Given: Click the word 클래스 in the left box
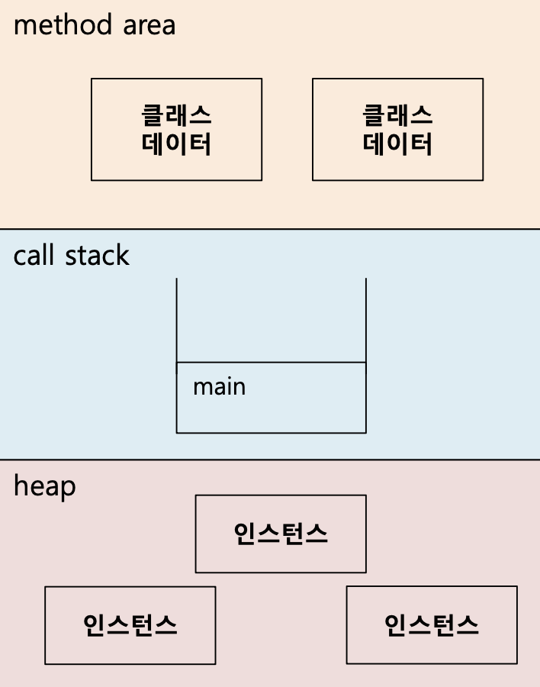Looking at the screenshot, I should click(x=176, y=115).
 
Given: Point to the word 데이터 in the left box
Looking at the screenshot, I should click(x=176, y=144).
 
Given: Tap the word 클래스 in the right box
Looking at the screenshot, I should click(x=397, y=115).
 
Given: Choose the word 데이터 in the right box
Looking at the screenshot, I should click(x=397, y=144).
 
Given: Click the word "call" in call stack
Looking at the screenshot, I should click(x=34, y=256).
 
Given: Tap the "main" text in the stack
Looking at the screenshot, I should click(x=219, y=386).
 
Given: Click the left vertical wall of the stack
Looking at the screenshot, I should click(x=177, y=321).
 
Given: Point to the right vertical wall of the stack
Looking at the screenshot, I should click(x=365, y=321).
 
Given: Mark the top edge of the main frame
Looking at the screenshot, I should click(x=271, y=363).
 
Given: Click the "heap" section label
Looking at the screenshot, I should click(x=44, y=485).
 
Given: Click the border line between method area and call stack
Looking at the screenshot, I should click(x=270, y=229).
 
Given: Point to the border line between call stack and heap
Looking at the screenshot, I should click(x=270, y=460).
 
